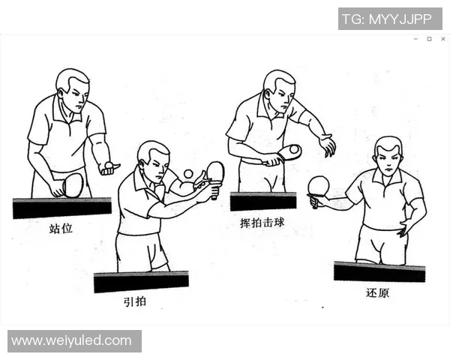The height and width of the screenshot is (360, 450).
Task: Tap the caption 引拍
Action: [x=134, y=301]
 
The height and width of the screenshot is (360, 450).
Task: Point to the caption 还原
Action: [x=378, y=292]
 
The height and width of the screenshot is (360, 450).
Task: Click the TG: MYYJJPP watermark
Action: [x=389, y=19]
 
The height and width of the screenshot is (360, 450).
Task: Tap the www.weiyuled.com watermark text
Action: [x=72, y=340]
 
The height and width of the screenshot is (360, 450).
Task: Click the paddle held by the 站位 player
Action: [x=73, y=184]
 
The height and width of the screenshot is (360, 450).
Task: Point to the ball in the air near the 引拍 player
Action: [x=187, y=174]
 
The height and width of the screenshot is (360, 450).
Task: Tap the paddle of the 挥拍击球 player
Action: [x=289, y=152]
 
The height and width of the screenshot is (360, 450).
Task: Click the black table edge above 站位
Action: [x=61, y=208]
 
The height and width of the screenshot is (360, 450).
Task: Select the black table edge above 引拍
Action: [x=140, y=282]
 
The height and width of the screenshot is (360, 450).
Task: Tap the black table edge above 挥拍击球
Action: [x=262, y=202]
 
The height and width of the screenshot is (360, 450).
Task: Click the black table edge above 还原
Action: [x=379, y=271]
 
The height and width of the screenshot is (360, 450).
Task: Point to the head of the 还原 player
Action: [x=388, y=156]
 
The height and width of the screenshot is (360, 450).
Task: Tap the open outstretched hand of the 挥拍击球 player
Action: [x=326, y=145]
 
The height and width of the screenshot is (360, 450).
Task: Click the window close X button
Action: [x=442, y=39]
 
